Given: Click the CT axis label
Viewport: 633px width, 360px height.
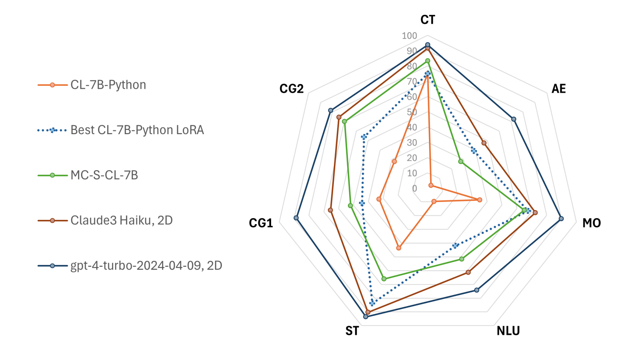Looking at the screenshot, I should (x=428, y=20).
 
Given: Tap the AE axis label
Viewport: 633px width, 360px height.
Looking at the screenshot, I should (x=558, y=89).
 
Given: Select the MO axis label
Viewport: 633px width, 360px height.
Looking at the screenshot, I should (x=591, y=223).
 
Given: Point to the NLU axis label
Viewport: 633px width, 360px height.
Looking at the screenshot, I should (x=508, y=331).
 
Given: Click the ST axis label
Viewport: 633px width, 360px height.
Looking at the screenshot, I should (x=352, y=331).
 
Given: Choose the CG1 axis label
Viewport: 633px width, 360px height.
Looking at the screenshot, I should (x=260, y=223).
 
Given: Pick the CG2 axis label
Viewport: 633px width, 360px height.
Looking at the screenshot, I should (x=291, y=89).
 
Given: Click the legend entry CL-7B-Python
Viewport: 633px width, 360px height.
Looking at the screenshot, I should (x=108, y=85).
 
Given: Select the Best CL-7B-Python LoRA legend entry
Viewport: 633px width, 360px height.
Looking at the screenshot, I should (x=137, y=130).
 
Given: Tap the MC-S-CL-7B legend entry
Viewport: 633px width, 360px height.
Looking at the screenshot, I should (x=104, y=175).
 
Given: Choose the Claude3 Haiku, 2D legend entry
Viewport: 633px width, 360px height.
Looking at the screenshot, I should (x=121, y=220).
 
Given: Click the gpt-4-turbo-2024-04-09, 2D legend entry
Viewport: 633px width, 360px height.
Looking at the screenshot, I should (x=146, y=265).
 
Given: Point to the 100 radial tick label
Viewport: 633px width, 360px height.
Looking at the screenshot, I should (x=409, y=36).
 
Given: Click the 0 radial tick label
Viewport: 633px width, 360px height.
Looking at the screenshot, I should (x=415, y=188).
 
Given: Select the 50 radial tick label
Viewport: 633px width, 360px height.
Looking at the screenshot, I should (x=412, y=112).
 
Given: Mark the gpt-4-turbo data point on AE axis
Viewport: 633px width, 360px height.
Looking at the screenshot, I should (x=514, y=119).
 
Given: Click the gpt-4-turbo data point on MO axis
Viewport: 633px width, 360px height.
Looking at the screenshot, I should (x=561, y=219).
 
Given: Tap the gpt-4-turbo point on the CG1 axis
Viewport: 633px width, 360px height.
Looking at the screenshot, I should (x=296, y=218).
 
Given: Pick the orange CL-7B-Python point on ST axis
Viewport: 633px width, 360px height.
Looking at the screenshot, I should (x=398, y=248).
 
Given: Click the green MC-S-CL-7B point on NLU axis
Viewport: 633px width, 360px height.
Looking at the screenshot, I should (x=462, y=259).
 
